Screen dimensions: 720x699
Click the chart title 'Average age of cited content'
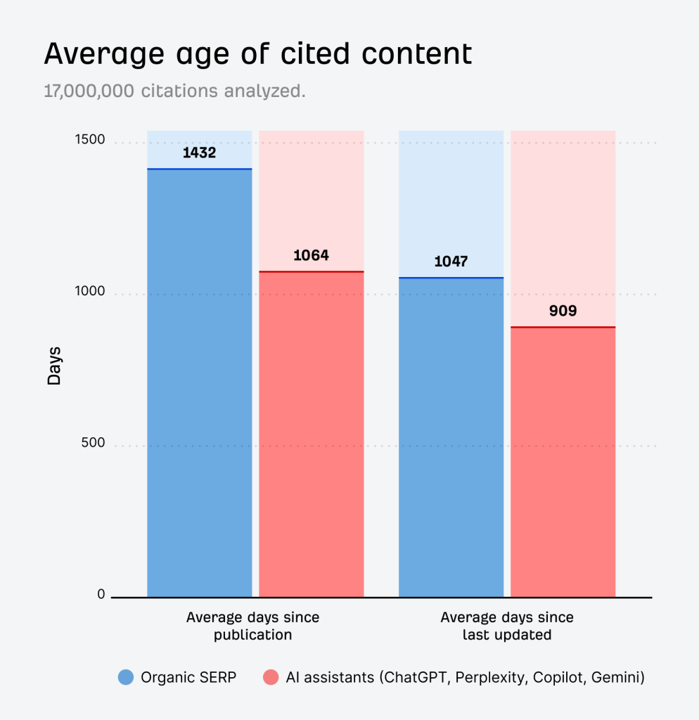click(257, 54)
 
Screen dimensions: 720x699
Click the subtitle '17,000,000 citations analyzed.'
click(174, 91)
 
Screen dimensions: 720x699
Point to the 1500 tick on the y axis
click(89, 139)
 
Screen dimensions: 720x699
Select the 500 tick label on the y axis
click(92, 443)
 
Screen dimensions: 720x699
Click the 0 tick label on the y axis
click(101, 594)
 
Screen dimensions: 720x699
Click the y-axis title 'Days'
click(54, 366)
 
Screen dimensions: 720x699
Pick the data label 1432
click(199, 153)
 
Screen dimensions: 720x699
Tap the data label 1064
click(311, 255)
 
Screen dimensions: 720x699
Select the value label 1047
click(451, 262)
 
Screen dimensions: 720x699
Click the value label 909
click(563, 310)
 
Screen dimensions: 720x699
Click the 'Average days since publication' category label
click(252, 626)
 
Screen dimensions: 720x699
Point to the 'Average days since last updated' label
click(506, 626)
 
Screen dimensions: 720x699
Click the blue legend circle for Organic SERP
click(126, 678)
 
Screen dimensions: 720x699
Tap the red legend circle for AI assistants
click(271, 678)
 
